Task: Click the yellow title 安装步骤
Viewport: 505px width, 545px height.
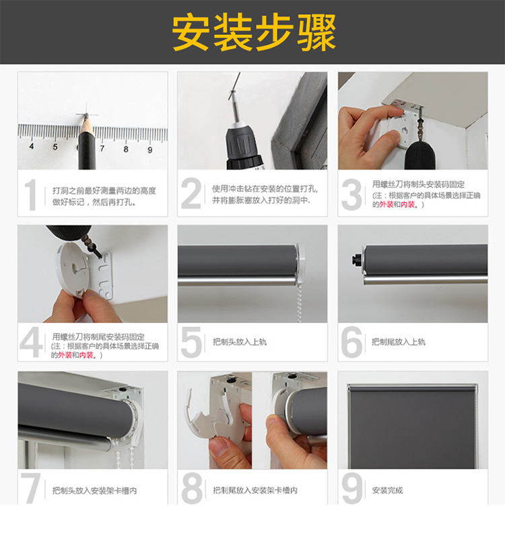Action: pos(254,32)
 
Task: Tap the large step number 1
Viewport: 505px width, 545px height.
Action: pos(31,194)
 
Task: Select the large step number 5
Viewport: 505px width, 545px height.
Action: pos(191,342)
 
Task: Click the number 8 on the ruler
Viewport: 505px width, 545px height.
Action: pos(126,149)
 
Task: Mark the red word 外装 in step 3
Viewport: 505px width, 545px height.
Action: pos(386,205)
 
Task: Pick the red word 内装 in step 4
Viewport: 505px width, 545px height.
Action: pos(86,355)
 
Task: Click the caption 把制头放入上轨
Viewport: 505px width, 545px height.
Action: pos(240,342)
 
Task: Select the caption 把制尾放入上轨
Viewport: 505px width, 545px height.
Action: pos(398,342)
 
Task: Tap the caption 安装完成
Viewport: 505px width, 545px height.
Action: pos(387,490)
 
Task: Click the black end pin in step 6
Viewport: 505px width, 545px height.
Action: pos(356,259)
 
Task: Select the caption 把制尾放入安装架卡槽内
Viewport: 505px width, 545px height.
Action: pos(255,490)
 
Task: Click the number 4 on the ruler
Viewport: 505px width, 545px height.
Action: pos(32,146)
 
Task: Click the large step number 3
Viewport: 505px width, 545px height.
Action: pos(351,194)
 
